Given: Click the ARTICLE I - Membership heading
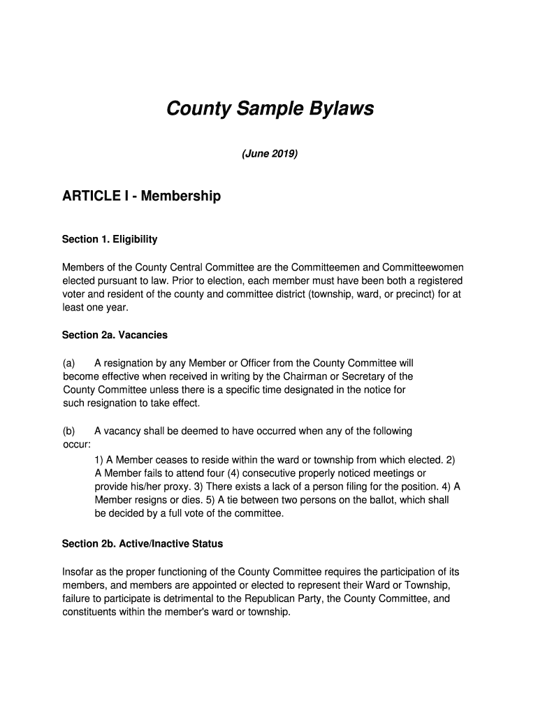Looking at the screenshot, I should pyautogui.click(x=141, y=196).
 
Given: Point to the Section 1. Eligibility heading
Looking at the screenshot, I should pyautogui.click(x=110, y=239).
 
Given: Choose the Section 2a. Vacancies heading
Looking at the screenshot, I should pyautogui.click(x=115, y=335).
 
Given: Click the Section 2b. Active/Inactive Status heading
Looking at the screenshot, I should pyautogui.click(x=143, y=543).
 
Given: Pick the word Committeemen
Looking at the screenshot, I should pyautogui.click(x=318, y=268).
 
